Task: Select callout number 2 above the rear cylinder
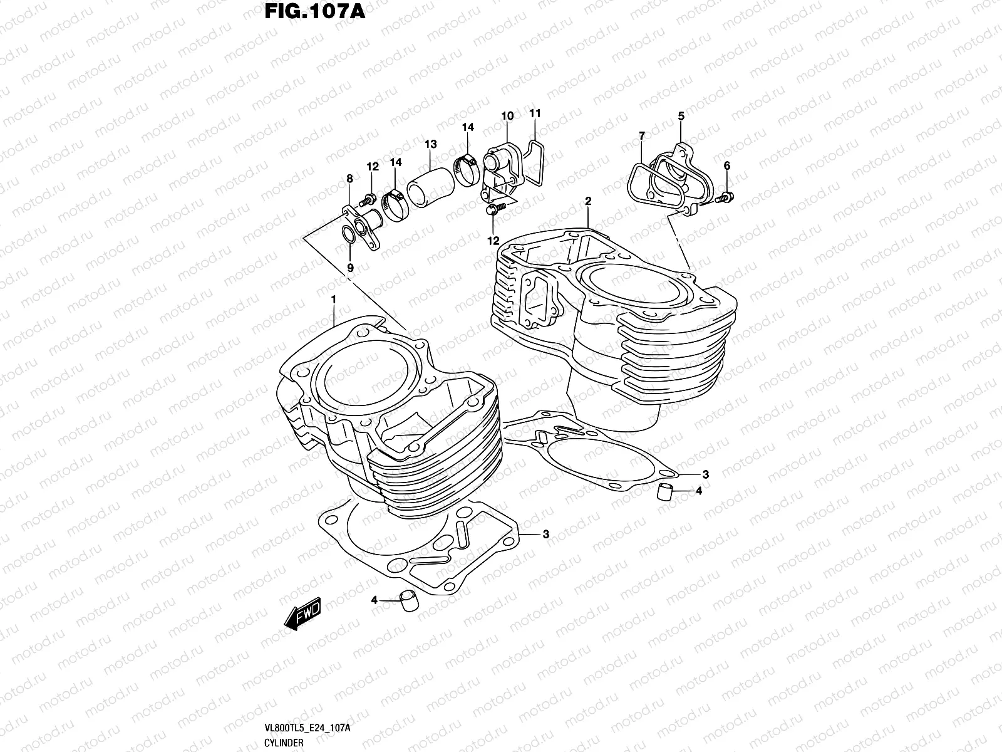pos(588,201)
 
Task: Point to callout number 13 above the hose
pos(430,145)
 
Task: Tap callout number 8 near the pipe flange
pos(349,179)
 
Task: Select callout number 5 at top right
pos(681,116)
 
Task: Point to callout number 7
pos(641,135)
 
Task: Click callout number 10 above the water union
pos(507,116)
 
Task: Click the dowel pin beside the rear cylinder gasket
pos(664,493)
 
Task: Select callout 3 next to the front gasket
pos(545,535)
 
